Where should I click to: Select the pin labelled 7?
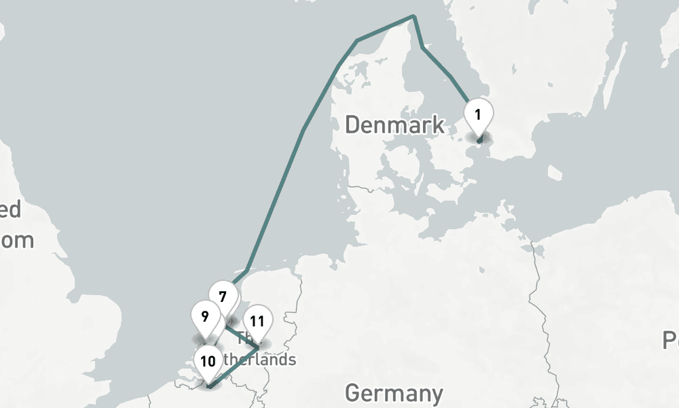pyautogui.click(x=223, y=297)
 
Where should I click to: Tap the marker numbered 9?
pyautogui.click(x=205, y=317)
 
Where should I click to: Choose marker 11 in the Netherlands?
pyautogui.click(x=257, y=322)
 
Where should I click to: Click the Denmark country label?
pyautogui.click(x=394, y=125)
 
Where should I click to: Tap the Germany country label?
pyautogui.click(x=394, y=393)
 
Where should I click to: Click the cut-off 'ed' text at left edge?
pyautogui.click(x=10, y=209)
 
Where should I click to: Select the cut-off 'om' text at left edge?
pyautogui.click(x=16, y=240)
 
